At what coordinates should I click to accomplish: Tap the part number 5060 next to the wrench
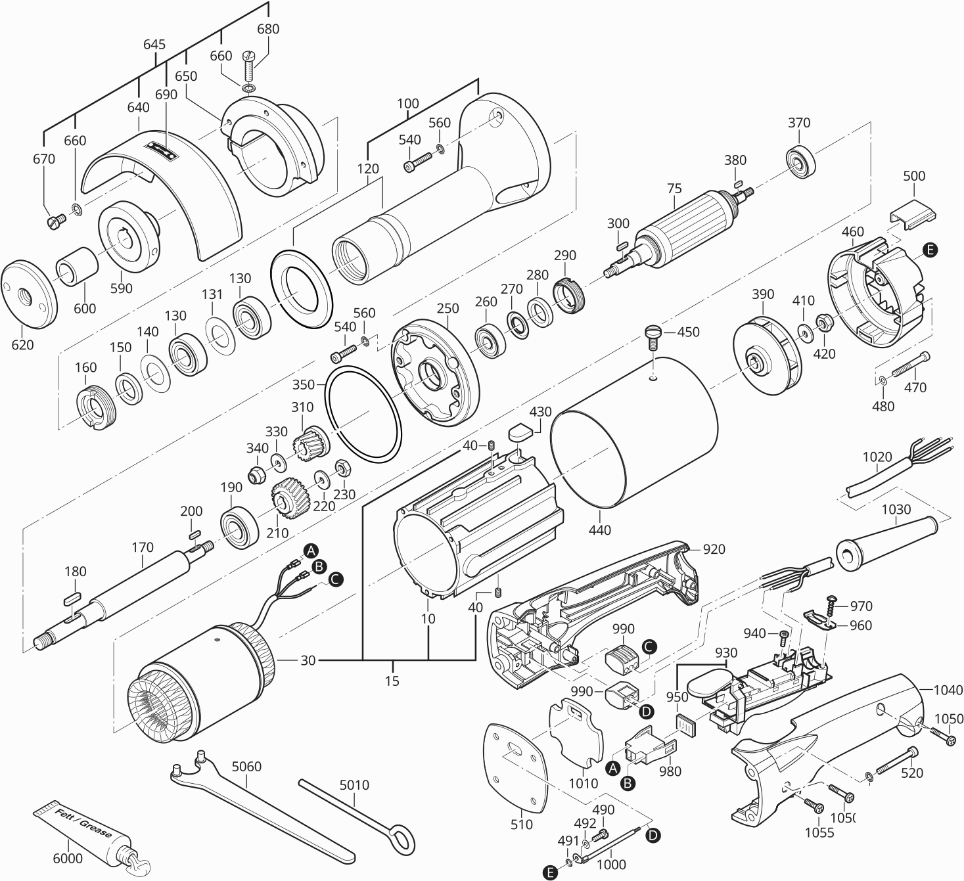click(x=246, y=766)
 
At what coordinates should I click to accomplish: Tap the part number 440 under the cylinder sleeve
click(x=600, y=530)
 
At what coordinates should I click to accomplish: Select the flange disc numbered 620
click(x=29, y=293)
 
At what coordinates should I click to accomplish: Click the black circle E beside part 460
click(x=930, y=250)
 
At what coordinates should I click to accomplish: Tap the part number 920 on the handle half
click(x=714, y=549)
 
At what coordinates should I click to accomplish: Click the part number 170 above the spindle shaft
click(x=142, y=547)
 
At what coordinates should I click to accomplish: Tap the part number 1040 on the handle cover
click(x=948, y=690)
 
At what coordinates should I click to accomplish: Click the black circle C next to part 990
click(x=649, y=646)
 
